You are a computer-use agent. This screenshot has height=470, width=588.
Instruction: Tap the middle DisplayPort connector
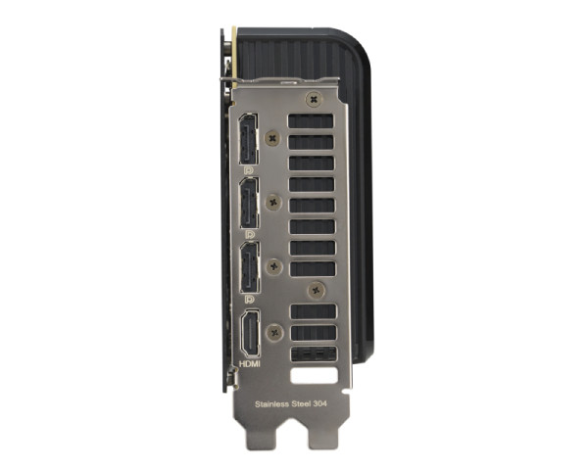point(249,204)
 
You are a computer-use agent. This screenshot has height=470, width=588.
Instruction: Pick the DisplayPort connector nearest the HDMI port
point(249,267)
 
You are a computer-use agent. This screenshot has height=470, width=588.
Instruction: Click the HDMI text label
point(251,364)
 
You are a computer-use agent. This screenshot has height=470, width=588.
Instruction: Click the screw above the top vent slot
point(313,99)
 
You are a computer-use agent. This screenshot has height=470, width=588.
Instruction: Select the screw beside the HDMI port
point(276,332)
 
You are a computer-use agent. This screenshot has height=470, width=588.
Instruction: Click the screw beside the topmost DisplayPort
point(274,140)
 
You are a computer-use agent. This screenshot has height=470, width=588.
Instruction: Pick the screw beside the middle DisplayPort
point(275,203)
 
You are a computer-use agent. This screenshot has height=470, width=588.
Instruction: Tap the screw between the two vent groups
point(315,290)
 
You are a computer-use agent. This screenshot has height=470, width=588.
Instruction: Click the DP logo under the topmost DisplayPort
point(249,170)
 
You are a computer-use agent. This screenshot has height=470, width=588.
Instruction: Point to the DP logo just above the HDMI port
point(249,298)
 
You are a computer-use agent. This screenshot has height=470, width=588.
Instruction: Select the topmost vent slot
point(312,120)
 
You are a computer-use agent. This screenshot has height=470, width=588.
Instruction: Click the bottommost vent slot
point(313,353)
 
